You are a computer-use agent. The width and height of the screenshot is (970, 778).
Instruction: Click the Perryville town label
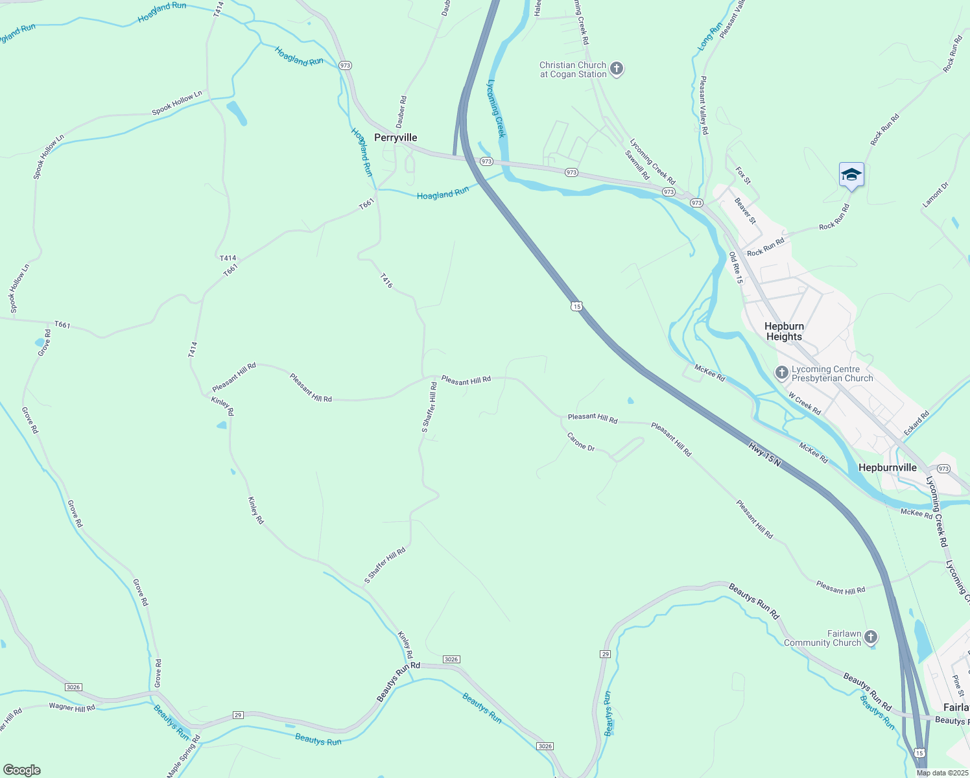(x=396, y=137)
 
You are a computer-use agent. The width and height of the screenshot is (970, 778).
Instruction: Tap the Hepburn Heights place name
(x=784, y=331)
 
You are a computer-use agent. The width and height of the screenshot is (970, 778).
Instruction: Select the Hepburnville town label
(x=887, y=467)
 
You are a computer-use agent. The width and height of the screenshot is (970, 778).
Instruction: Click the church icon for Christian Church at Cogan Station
(x=617, y=69)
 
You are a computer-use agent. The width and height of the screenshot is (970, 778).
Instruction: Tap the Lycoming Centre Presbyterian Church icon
(x=781, y=373)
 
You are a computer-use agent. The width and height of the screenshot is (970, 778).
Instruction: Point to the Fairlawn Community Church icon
(x=871, y=637)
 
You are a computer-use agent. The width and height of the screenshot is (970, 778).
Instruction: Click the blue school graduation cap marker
(x=851, y=175)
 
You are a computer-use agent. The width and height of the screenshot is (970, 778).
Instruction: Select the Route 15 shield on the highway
(x=576, y=306)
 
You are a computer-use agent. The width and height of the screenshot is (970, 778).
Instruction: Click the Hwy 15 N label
(x=765, y=453)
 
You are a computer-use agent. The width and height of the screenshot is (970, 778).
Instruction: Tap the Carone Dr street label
(x=581, y=442)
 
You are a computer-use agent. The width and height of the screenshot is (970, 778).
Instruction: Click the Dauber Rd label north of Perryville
(x=402, y=112)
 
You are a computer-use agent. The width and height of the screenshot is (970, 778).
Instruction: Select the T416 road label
(x=386, y=281)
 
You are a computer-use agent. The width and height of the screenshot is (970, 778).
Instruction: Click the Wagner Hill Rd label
(x=71, y=707)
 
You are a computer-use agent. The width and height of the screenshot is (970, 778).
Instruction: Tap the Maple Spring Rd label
(x=183, y=756)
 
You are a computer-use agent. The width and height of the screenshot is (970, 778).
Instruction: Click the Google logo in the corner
(x=21, y=770)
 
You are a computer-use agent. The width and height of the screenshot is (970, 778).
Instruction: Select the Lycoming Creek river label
(x=496, y=108)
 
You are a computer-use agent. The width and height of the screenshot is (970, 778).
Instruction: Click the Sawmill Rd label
(x=637, y=165)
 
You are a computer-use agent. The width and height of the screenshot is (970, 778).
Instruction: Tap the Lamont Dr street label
(x=935, y=195)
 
